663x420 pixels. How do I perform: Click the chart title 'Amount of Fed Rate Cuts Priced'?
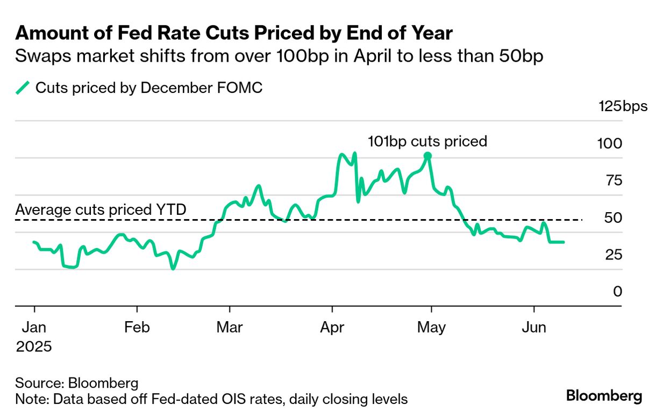click(x=234, y=33)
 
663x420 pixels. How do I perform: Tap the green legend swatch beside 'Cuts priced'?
click(x=23, y=88)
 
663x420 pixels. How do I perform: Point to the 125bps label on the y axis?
click(x=623, y=106)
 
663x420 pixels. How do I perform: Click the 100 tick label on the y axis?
click(x=610, y=143)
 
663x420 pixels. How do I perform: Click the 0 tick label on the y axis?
click(x=617, y=292)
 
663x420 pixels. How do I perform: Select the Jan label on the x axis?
click(x=34, y=327)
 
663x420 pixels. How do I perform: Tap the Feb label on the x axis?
click(x=137, y=327)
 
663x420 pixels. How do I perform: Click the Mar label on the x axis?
click(x=230, y=327)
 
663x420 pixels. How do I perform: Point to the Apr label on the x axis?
click(x=332, y=327)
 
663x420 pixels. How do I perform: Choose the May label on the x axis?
click(x=431, y=327)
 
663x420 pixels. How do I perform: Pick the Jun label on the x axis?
click(x=534, y=327)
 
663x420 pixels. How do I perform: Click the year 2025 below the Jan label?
click(x=34, y=346)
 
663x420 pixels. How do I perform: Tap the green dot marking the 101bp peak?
click(x=427, y=156)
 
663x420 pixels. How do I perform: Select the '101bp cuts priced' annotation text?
click(x=427, y=141)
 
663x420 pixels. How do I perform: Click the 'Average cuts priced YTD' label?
click(x=101, y=209)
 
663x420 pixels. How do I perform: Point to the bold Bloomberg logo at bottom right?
click(x=604, y=396)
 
